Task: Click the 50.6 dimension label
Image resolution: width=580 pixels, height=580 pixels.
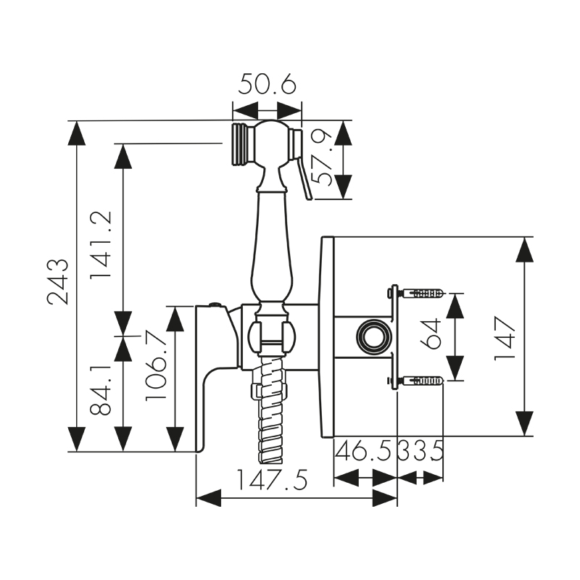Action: pyautogui.click(x=267, y=86)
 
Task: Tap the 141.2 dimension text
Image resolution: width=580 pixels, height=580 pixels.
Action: pyautogui.click(x=101, y=245)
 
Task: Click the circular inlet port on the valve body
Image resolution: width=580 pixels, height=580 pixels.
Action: pyautogui.click(x=371, y=337)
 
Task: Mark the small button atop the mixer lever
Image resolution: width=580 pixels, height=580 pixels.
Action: pyautogui.click(x=215, y=304)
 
